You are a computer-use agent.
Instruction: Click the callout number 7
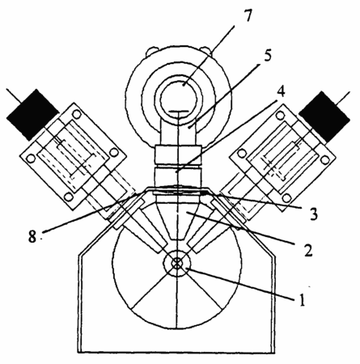tap(247, 17)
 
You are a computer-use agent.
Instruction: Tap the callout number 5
tap(267, 55)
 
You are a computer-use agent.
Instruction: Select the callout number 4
tap(281, 92)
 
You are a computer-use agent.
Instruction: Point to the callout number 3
tap(313, 214)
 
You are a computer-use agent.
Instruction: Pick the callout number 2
tap(308, 250)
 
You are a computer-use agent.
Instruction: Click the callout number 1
tap(303, 299)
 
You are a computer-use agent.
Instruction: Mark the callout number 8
tap(32, 237)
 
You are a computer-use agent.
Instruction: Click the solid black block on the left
tap(32, 115)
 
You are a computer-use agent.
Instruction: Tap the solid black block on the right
tap(324, 116)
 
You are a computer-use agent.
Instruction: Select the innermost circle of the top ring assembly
tap(178, 99)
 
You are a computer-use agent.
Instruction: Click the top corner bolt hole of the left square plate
tap(77, 114)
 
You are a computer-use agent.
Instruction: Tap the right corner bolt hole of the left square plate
tap(114, 152)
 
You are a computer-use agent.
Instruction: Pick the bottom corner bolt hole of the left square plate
tap(69, 197)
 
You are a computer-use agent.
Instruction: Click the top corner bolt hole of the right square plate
tap(281, 116)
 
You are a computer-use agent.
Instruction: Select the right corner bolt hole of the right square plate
tap(325, 160)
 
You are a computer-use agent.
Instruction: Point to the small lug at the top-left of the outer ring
tap(150, 51)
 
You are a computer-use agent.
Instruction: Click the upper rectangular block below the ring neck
tap(178, 154)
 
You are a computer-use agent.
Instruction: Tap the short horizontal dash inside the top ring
tap(178, 112)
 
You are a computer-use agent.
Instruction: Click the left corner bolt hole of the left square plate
tap(31, 158)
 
